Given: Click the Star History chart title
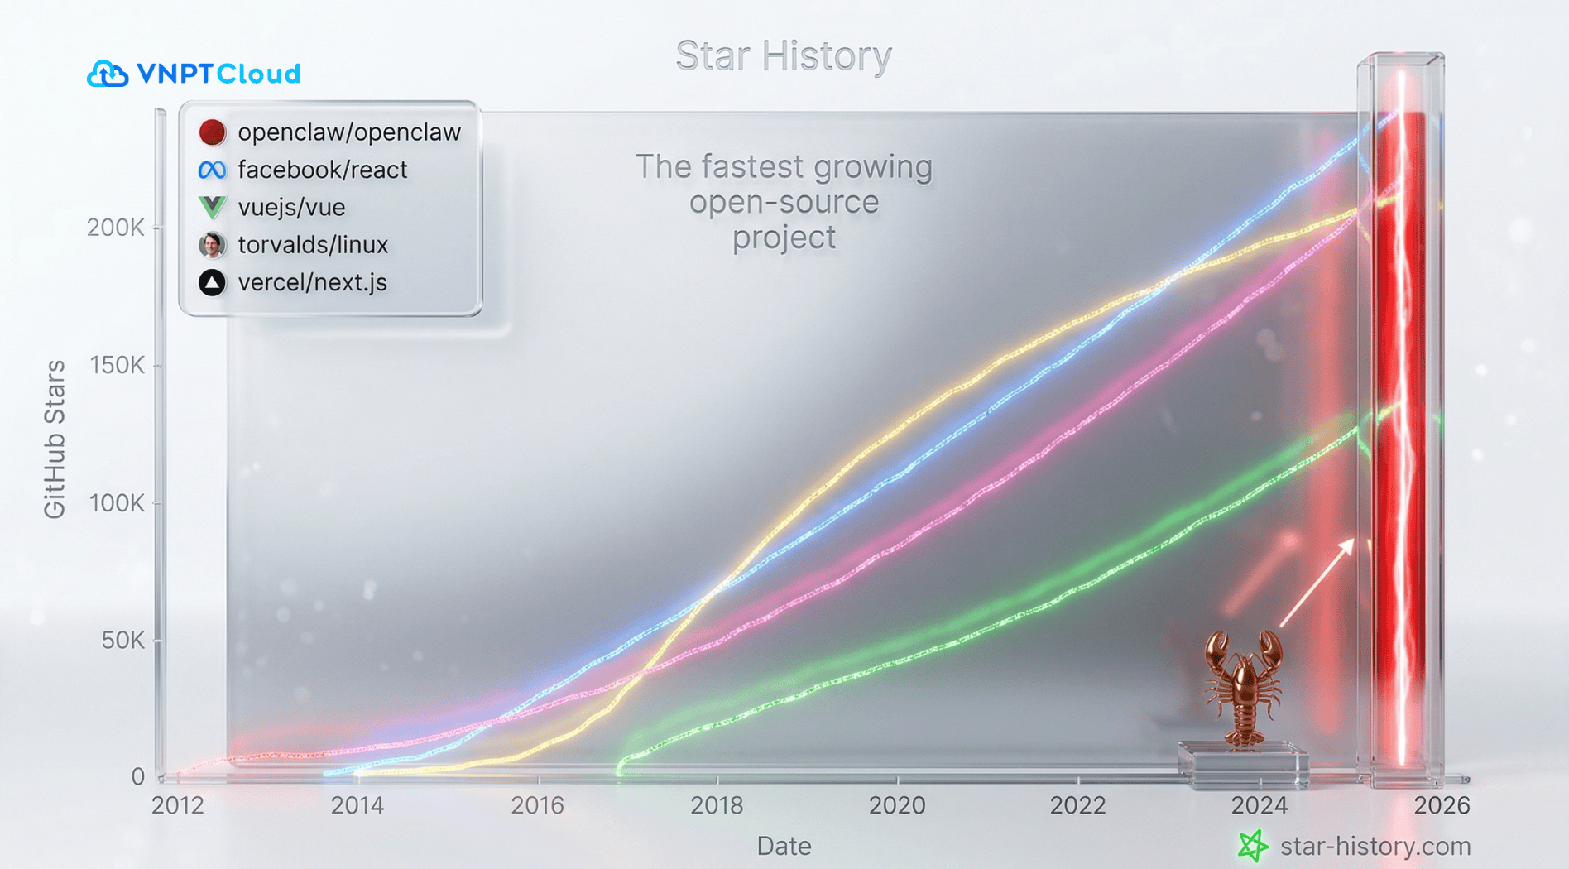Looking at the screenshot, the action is coord(784,56).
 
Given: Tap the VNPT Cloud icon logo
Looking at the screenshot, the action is coord(108,74).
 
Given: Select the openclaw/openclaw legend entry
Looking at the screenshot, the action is coord(329,132).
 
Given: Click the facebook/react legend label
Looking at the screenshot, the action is coord(323,170).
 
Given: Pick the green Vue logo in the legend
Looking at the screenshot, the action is coord(212,207).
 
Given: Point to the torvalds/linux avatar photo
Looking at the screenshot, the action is coord(212,245).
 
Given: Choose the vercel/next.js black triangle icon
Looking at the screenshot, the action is coord(212,283).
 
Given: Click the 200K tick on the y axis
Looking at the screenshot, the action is coord(116,228).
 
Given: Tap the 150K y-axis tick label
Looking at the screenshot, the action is coord(117,366).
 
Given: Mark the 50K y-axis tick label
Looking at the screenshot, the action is coord(123,641).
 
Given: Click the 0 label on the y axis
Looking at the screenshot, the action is coord(137,777).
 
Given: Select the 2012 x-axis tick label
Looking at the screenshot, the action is coord(178,805).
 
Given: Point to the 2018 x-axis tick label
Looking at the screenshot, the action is coord(717,805).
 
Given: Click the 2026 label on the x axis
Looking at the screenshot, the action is coord(1442,805).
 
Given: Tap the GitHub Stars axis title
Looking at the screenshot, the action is coord(55,439).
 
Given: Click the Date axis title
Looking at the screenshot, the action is coord(784,847).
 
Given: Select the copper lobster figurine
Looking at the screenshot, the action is coord(1243,688).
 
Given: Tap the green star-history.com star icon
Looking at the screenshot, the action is coord(1253,846).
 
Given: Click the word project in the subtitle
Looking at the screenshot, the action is coord(784,238).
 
